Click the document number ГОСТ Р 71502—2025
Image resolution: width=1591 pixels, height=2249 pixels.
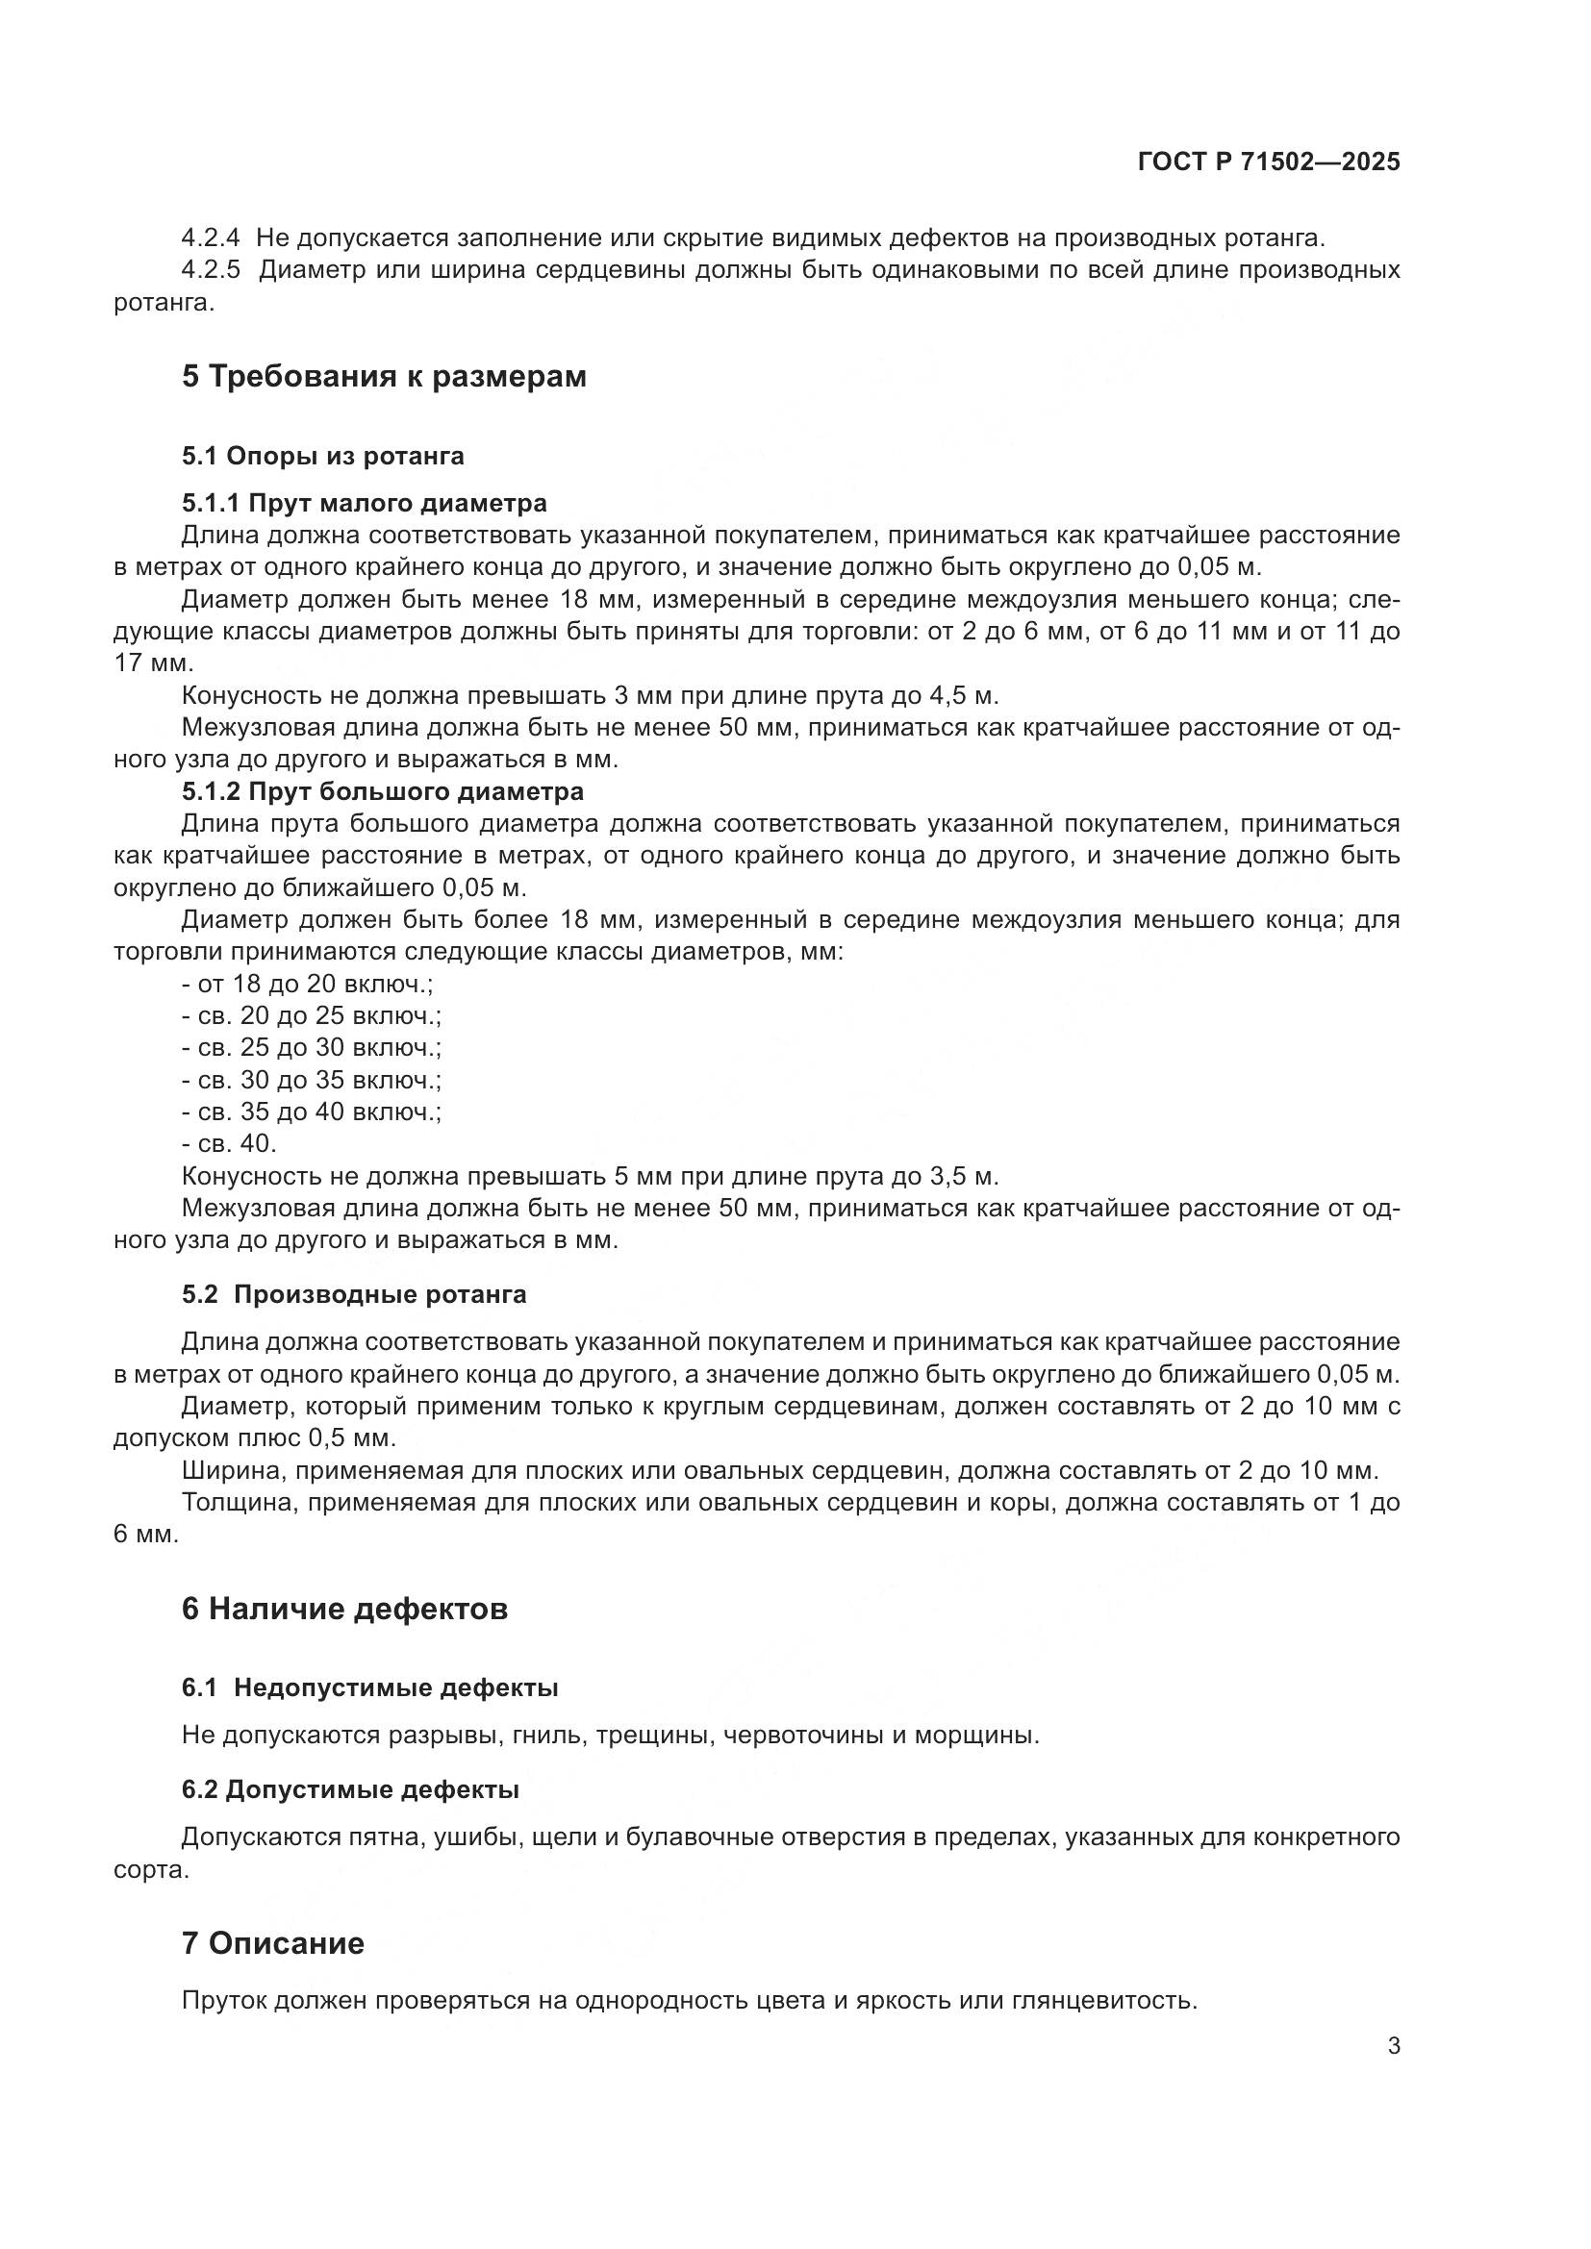(1269, 162)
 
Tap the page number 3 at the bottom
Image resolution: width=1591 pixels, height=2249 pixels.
(1393, 2045)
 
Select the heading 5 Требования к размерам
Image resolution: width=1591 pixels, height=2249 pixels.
(383, 376)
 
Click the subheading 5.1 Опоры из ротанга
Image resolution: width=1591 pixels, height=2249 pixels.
(322, 456)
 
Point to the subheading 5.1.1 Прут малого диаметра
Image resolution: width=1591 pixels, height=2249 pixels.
(364, 504)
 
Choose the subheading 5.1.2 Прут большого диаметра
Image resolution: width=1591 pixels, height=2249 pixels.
(382, 790)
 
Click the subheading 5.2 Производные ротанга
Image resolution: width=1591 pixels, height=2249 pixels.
(354, 1294)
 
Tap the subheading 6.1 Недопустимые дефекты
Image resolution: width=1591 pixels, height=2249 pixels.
(369, 1687)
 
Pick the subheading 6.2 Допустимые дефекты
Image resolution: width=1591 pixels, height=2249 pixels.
(350, 1789)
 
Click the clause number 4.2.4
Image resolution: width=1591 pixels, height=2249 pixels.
(211, 238)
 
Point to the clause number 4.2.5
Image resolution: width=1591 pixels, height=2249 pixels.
(211, 270)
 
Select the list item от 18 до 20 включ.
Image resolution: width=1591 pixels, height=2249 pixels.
(307, 984)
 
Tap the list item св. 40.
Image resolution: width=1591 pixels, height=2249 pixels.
(229, 1143)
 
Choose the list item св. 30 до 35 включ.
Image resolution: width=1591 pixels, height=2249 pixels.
(312, 1080)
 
